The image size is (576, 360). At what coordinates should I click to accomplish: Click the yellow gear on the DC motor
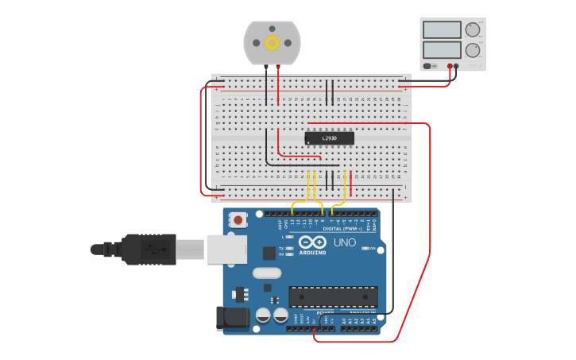click(273, 43)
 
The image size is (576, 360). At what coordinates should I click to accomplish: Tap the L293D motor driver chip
click(330, 138)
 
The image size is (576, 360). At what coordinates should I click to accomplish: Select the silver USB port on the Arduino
click(227, 249)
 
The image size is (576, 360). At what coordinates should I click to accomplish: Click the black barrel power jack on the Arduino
click(232, 318)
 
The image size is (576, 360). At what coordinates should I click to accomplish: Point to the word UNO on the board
click(345, 242)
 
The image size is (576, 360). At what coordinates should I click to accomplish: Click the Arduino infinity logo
click(314, 242)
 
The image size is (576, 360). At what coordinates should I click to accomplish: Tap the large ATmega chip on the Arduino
click(332, 296)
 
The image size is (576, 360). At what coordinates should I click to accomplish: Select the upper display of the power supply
click(443, 30)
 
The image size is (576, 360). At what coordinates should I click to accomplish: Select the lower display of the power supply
click(443, 50)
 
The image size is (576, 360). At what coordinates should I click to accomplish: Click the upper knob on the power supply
click(473, 30)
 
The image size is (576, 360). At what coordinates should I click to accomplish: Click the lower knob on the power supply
click(473, 51)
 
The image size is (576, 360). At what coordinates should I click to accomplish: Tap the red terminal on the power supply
click(450, 67)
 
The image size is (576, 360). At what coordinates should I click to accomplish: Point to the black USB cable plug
click(147, 249)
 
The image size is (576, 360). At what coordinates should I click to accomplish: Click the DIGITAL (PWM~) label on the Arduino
click(342, 229)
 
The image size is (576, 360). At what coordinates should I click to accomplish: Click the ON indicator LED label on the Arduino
click(369, 249)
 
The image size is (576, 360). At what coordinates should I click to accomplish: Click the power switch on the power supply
click(429, 66)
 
